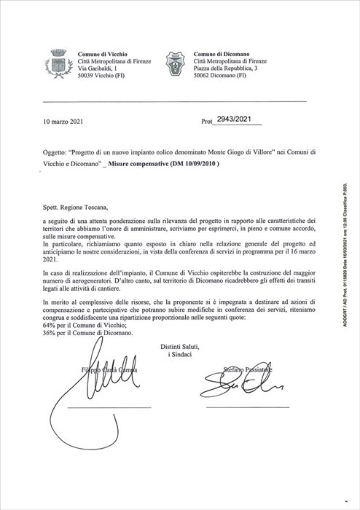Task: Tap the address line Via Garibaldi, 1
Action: [98, 68]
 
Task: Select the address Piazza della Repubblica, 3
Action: [227, 68]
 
